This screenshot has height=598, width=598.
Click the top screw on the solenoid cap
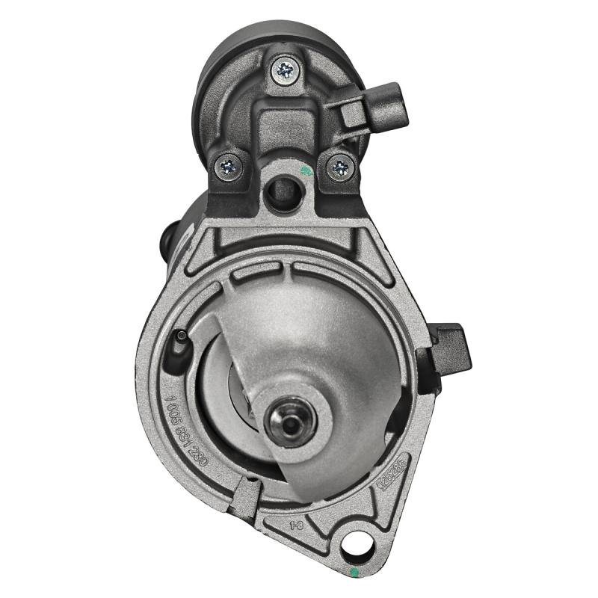click(x=285, y=70)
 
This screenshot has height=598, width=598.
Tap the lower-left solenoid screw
click(x=229, y=166)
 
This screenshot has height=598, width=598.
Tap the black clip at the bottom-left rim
click(x=245, y=497)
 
